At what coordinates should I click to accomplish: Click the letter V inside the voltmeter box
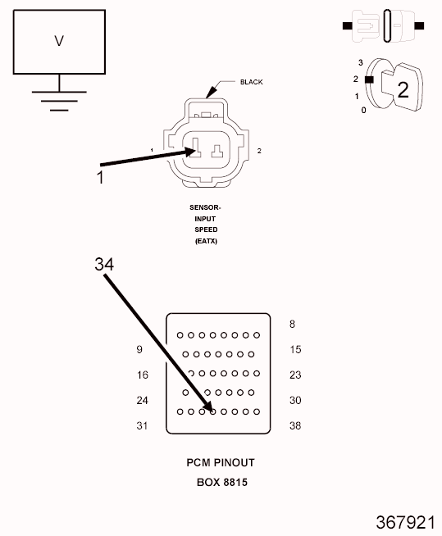click(x=59, y=41)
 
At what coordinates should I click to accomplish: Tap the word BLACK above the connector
click(x=252, y=82)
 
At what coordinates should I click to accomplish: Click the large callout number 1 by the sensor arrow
click(x=100, y=177)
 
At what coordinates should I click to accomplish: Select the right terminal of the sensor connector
click(x=216, y=152)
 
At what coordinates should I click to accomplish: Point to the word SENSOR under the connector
click(x=204, y=207)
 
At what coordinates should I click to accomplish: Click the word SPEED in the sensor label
click(x=206, y=229)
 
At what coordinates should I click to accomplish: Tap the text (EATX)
click(x=206, y=241)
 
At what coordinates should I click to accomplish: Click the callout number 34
click(x=104, y=264)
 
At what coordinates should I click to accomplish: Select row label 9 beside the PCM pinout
click(x=139, y=349)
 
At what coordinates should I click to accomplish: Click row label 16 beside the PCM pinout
click(x=143, y=375)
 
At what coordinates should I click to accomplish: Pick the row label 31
click(x=142, y=425)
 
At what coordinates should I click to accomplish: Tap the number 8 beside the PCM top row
click(x=292, y=324)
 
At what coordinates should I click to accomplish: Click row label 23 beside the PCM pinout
click(x=295, y=375)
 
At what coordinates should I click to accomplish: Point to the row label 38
click(x=295, y=425)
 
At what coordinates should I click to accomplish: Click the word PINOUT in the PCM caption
click(x=235, y=462)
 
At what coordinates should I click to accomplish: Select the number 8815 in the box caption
click(x=235, y=483)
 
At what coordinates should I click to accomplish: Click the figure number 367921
click(x=405, y=523)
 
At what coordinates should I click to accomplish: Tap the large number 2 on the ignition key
click(x=403, y=90)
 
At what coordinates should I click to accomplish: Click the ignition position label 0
click(x=363, y=110)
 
